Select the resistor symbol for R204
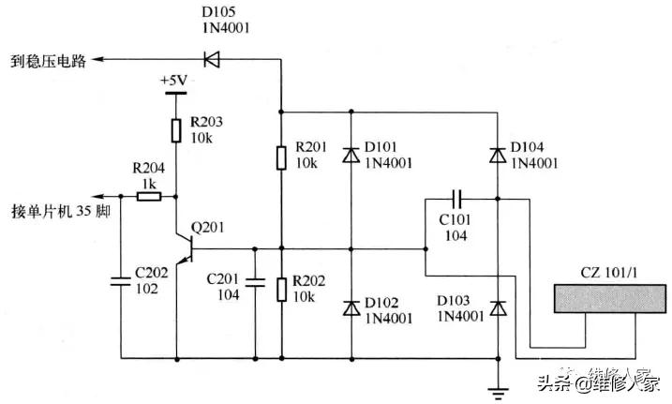[147, 197]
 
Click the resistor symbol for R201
[281, 157]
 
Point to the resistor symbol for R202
[281, 289]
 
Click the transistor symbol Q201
[182, 247]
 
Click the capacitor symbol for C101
[457, 199]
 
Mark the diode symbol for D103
[498, 307]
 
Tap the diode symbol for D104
[498, 156]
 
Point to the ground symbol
[498, 386]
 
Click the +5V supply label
[175, 81]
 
